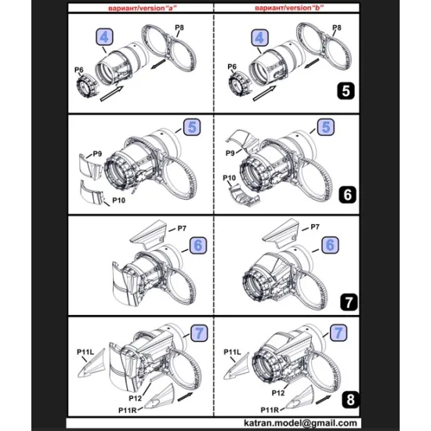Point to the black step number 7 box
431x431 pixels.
click(346, 299)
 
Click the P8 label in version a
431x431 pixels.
click(179, 28)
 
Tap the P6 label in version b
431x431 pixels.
click(232, 67)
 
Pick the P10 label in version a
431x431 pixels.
click(118, 201)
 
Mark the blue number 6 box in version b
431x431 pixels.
click(331, 245)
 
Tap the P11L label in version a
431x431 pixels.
click(86, 352)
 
